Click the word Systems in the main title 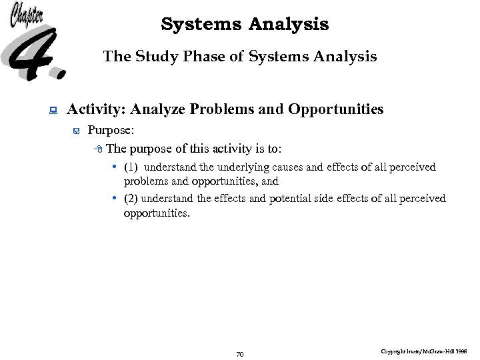coord(202,25)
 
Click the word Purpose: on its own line coord(112,131)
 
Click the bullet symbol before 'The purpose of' coord(99,149)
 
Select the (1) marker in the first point coord(131,167)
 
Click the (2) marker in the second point coord(131,199)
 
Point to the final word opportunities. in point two coord(157,214)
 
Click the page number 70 coord(240,354)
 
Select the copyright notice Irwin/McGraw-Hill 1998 coord(424,351)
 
